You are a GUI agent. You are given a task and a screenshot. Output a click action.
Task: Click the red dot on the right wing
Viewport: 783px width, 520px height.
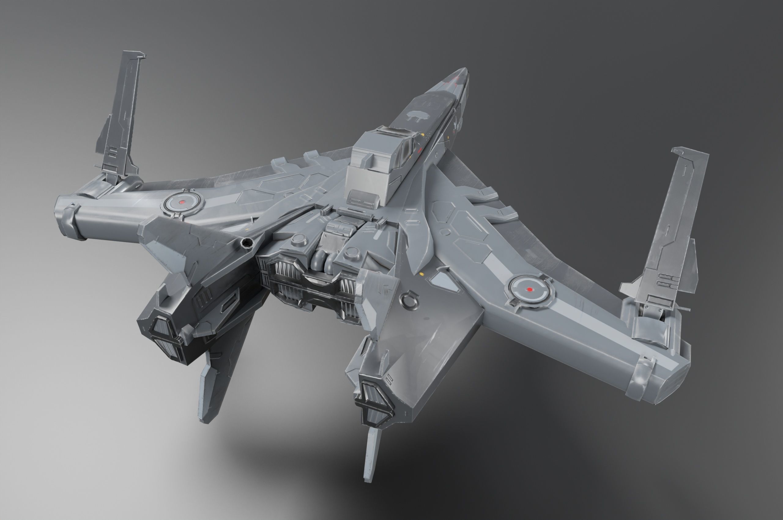530,289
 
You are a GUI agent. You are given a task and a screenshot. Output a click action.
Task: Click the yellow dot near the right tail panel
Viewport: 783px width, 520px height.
422,274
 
